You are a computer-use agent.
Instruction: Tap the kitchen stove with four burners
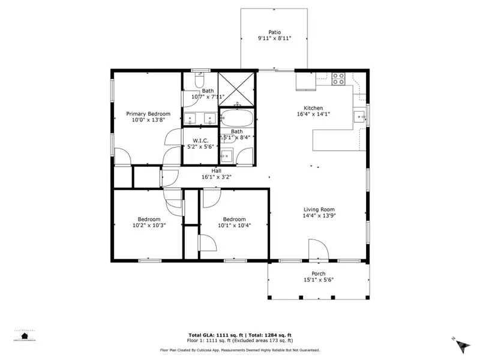[x=338, y=76]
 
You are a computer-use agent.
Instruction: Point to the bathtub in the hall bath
[x=237, y=117]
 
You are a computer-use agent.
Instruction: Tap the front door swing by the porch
[x=316, y=249]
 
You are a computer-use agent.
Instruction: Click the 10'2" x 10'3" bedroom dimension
[x=148, y=226]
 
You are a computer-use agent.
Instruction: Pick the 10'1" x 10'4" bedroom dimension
[x=234, y=226]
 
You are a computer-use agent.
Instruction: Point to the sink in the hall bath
[x=227, y=156]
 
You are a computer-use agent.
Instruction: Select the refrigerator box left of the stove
[x=305, y=81]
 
